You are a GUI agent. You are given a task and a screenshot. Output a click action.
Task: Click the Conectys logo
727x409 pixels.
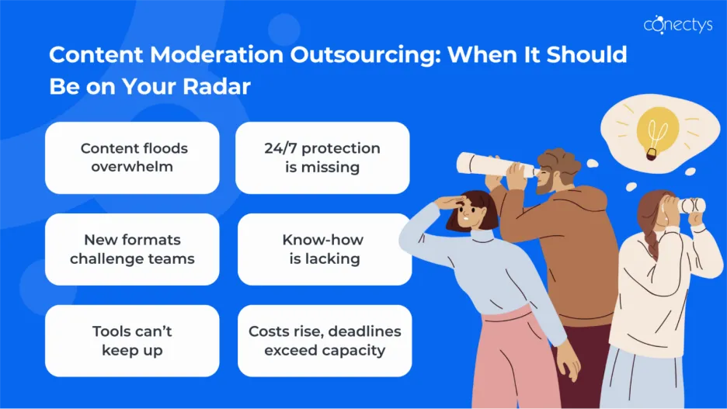click(678, 24)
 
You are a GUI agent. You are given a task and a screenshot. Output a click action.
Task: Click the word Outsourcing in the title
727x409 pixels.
click(365, 55)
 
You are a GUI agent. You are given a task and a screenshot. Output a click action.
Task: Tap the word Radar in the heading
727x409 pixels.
click(217, 86)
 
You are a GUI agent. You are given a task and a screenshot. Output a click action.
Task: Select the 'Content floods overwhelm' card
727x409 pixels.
click(132, 158)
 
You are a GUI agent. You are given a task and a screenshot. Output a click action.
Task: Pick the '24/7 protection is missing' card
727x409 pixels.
click(322, 158)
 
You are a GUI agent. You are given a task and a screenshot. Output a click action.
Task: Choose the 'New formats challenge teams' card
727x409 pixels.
click(132, 249)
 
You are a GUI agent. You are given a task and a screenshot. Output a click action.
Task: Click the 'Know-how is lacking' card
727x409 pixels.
click(325, 249)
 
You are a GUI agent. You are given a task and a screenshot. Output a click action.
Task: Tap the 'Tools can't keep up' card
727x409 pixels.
click(132, 341)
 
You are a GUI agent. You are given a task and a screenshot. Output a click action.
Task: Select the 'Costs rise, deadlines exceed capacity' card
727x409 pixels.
click(325, 341)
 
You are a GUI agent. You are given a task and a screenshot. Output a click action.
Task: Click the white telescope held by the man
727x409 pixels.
click(494, 165)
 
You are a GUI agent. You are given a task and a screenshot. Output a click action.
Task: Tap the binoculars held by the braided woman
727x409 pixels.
click(690, 206)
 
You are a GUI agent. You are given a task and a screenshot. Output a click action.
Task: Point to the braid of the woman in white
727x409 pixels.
click(652, 244)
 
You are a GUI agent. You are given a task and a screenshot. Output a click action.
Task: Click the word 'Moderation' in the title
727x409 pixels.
click(217, 55)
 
